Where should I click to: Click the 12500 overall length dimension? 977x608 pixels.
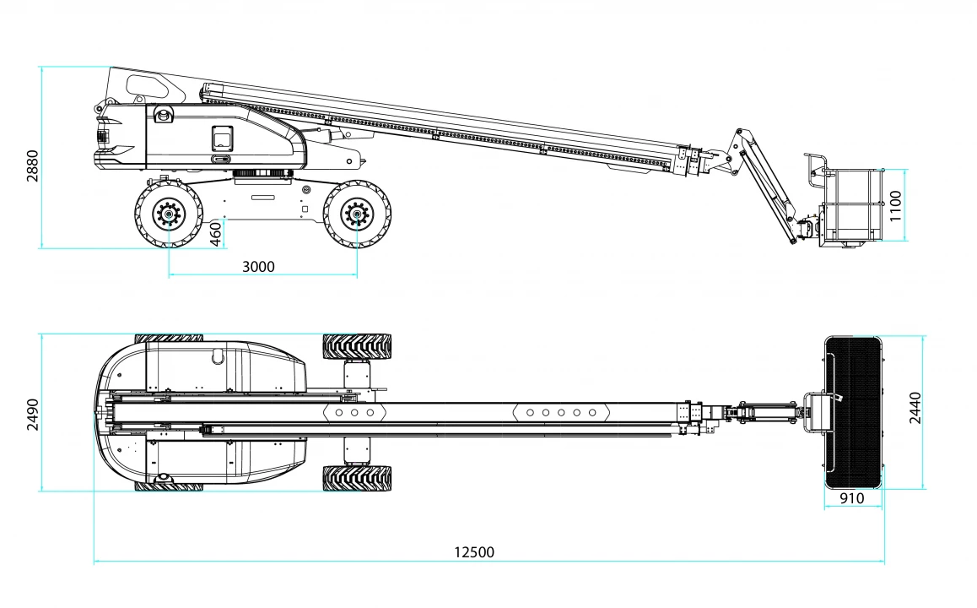click(473, 552)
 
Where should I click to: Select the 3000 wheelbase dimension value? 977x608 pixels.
click(258, 267)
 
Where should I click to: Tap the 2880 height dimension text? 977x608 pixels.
click(32, 166)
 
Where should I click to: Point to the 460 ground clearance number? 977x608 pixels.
click(216, 234)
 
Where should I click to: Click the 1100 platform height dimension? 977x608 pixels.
click(895, 206)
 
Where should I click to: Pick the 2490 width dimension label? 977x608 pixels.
click(32, 415)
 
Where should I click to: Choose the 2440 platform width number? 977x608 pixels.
click(915, 408)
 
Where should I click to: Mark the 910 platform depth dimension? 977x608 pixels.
click(852, 499)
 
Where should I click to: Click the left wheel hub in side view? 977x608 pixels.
click(168, 214)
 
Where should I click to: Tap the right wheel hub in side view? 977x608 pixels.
click(357, 214)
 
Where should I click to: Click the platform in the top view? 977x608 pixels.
click(853, 412)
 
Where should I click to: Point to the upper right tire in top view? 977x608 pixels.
click(357, 347)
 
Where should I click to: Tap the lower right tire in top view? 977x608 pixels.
click(357, 478)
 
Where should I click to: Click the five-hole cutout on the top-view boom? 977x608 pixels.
click(561, 412)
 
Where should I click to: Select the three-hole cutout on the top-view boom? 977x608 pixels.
click(354, 412)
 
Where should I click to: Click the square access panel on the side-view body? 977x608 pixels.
click(222, 138)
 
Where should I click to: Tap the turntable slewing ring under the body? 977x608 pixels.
click(263, 173)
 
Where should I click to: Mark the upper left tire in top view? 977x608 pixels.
click(169, 338)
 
